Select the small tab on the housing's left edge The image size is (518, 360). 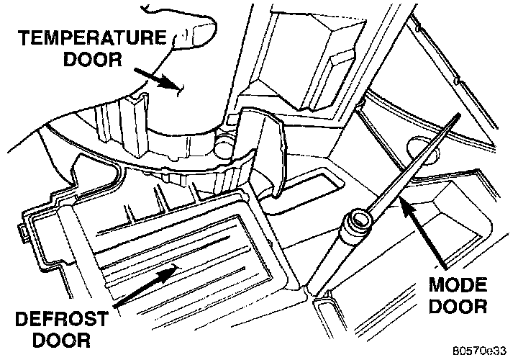20,232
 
